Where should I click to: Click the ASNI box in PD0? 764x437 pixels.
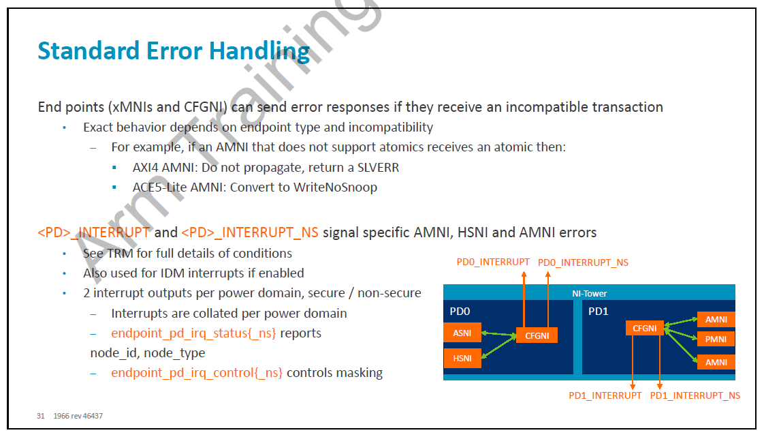(462, 333)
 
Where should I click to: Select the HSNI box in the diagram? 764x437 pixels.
(462, 358)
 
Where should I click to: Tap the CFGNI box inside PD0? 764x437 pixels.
(537, 335)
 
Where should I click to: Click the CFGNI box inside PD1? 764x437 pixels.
(645, 328)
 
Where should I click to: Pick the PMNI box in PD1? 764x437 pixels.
(716, 339)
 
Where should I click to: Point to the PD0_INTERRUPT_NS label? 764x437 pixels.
(583, 263)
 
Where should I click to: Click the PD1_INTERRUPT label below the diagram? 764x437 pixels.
(605, 395)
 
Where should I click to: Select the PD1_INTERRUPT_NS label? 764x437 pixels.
(695, 395)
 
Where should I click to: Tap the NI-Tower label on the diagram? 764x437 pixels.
(589, 294)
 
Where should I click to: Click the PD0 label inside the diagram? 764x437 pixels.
(460, 312)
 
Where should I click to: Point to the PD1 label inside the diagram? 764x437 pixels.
(599, 312)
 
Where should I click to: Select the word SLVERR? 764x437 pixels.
(378, 168)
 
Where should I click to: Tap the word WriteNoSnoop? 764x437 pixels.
(335, 187)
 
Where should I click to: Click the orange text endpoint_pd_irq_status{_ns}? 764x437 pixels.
(193, 333)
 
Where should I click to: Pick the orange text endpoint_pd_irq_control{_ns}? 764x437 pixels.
(197, 373)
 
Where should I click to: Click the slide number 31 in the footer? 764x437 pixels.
(40, 416)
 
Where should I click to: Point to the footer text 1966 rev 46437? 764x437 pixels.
(78, 416)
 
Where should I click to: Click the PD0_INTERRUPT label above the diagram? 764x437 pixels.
(493, 262)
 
